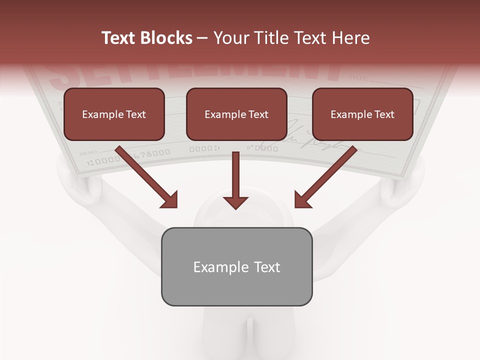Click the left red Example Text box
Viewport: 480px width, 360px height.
click(114, 114)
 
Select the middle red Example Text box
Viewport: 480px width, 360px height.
click(236, 114)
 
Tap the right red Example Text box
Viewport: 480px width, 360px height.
click(362, 114)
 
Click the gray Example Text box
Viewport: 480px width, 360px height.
click(236, 267)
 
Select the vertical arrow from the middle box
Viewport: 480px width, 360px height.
click(235, 180)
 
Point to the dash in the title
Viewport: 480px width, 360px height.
click(202, 38)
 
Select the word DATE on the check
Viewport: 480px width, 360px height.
click(358, 78)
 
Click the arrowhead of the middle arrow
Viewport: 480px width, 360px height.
click(235, 202)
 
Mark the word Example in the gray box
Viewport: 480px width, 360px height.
click(214, 267)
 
